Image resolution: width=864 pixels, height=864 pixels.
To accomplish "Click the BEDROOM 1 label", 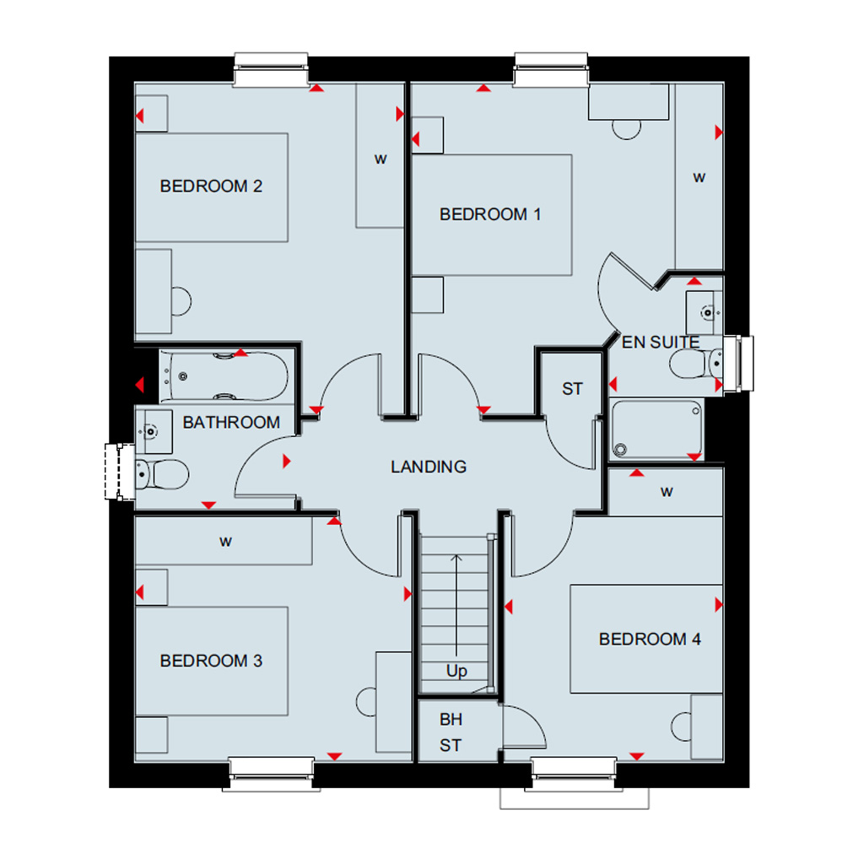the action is (490, 213).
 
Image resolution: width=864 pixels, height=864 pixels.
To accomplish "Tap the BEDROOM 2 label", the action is (211, 186).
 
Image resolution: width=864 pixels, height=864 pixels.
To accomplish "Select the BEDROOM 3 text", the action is (211, 661).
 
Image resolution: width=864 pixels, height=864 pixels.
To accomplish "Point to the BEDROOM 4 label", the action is (650, 640).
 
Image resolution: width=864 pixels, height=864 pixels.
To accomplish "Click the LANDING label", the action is (429, 467).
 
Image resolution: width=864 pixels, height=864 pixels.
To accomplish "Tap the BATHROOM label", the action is (231, 423).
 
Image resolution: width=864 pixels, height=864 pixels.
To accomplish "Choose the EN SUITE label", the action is (661, 343).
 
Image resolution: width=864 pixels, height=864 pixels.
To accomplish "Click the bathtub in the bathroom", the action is (224, 376).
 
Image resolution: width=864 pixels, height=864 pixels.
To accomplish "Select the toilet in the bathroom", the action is (161, 474).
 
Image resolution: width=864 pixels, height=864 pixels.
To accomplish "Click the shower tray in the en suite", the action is (656, 429).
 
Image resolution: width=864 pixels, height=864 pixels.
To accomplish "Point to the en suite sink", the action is (704, 313).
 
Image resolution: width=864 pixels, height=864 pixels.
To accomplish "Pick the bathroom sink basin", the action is (154, 431).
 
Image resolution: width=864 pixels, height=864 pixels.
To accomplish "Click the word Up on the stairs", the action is (456, 671).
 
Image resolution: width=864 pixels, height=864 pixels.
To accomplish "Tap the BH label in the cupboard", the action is (451, 720).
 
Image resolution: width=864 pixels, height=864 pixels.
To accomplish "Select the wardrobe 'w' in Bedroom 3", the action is (225, 543).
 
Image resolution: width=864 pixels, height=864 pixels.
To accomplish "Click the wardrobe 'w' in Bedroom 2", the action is (381, 159).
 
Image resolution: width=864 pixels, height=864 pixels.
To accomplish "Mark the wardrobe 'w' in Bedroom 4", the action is (667, 492).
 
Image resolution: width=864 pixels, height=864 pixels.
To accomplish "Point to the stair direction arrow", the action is (456, 604).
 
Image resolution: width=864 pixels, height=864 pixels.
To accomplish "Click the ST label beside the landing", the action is (572, 389).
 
